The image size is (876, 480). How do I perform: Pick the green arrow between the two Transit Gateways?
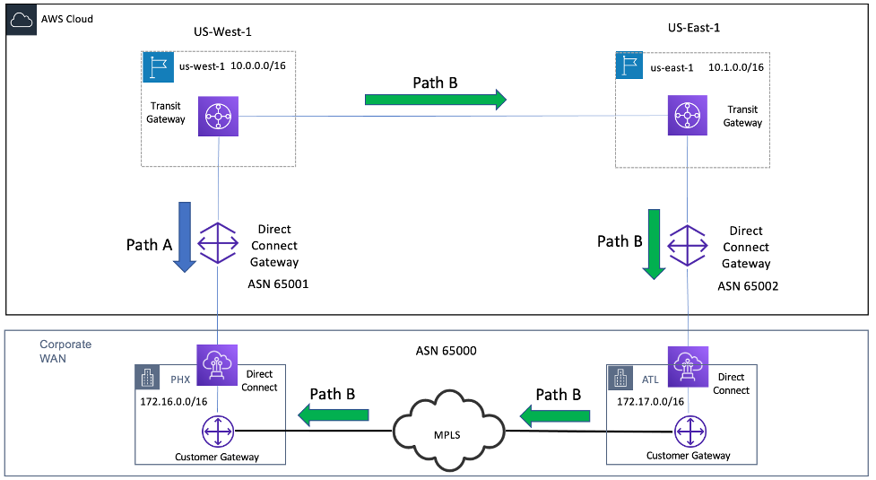click(436, 99)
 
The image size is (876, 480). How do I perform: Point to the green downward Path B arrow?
click(655, 243)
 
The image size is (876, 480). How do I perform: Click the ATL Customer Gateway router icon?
click(689, 433)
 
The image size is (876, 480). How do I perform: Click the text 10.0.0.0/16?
click(261, 66)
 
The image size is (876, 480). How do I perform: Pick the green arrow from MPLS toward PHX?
click(334, 414)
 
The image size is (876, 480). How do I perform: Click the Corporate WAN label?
click(65, 352)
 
